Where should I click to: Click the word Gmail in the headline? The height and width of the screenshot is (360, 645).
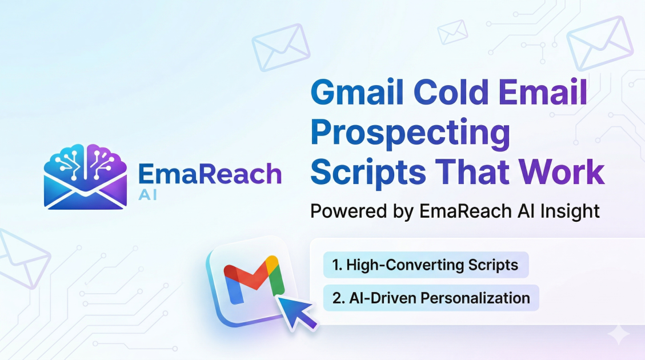click(357, 92)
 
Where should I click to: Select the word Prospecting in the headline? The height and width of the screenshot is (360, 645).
click(410, 133)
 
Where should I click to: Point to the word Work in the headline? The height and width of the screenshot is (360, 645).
click(562, 171)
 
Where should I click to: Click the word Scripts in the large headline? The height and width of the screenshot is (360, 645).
click(368, 173)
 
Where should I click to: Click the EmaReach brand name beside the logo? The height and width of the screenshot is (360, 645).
click(210, 174)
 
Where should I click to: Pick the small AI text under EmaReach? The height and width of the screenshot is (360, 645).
click(147, 195)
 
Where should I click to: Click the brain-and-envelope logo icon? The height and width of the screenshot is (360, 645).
click(85, 177)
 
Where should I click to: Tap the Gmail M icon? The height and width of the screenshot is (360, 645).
click(253, 280)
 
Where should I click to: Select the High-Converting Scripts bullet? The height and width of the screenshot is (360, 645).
click(426, 265)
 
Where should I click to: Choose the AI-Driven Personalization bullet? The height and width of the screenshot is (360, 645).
click(431, 298)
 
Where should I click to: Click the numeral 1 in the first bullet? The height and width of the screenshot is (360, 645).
click(336, 265)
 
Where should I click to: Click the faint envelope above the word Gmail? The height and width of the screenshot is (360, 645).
click(281, 47)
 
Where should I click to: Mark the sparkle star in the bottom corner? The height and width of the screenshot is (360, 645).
click(619, 334)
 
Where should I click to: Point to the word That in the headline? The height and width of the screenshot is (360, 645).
click(472, 171)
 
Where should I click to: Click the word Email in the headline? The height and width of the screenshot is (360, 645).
click(543, 92)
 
